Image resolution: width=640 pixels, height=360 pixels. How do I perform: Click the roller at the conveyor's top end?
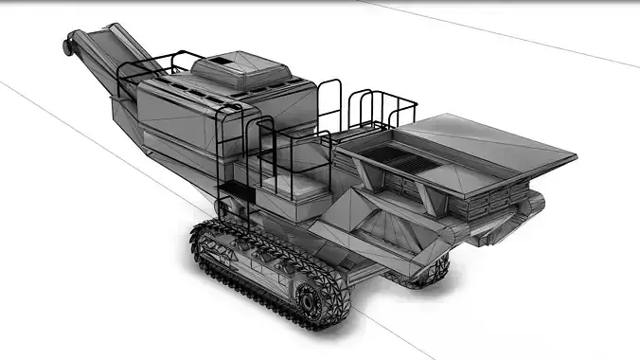point(67,44)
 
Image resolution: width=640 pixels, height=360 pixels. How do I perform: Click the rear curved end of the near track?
point(200,241)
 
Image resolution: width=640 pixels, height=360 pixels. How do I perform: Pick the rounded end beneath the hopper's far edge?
point(536,202)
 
